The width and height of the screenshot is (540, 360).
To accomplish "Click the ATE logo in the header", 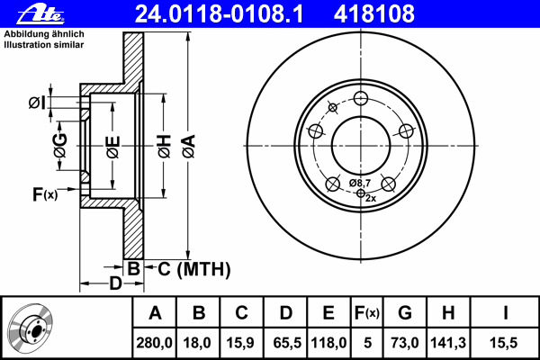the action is (40, 14).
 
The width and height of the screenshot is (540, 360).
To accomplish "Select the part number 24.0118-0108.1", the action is (219, 14).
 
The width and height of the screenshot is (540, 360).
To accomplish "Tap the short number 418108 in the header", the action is (374, 14).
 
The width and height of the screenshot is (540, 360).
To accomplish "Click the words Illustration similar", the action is (44, 45).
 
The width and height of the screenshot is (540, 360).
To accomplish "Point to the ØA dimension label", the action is (189, 147).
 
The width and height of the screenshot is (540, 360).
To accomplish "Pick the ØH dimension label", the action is (165, 147).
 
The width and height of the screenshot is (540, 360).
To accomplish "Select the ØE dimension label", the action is (113, 147).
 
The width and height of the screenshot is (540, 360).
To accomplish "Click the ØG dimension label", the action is (60, 146).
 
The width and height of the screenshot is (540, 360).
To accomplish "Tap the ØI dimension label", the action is (37, 103).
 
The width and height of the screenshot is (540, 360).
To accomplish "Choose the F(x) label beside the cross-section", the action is (45, 194).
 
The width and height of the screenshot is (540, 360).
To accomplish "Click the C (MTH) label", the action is (193, 269).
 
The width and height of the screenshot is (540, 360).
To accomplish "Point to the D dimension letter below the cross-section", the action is (116, 283).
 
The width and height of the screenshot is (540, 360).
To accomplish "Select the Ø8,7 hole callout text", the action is (359, 183).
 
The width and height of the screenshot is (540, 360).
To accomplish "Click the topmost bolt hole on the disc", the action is (361, 98).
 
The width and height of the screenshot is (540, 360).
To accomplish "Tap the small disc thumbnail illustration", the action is (31, 328).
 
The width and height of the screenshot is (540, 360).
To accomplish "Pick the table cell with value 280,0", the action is (154, 343).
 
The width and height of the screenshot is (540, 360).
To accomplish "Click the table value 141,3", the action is (448, 343).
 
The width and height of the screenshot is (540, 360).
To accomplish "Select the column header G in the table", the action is (405, 313).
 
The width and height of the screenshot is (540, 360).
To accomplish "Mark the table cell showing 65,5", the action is (287, 343).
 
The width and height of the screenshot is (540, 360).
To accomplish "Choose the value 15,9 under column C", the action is (240, 343).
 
